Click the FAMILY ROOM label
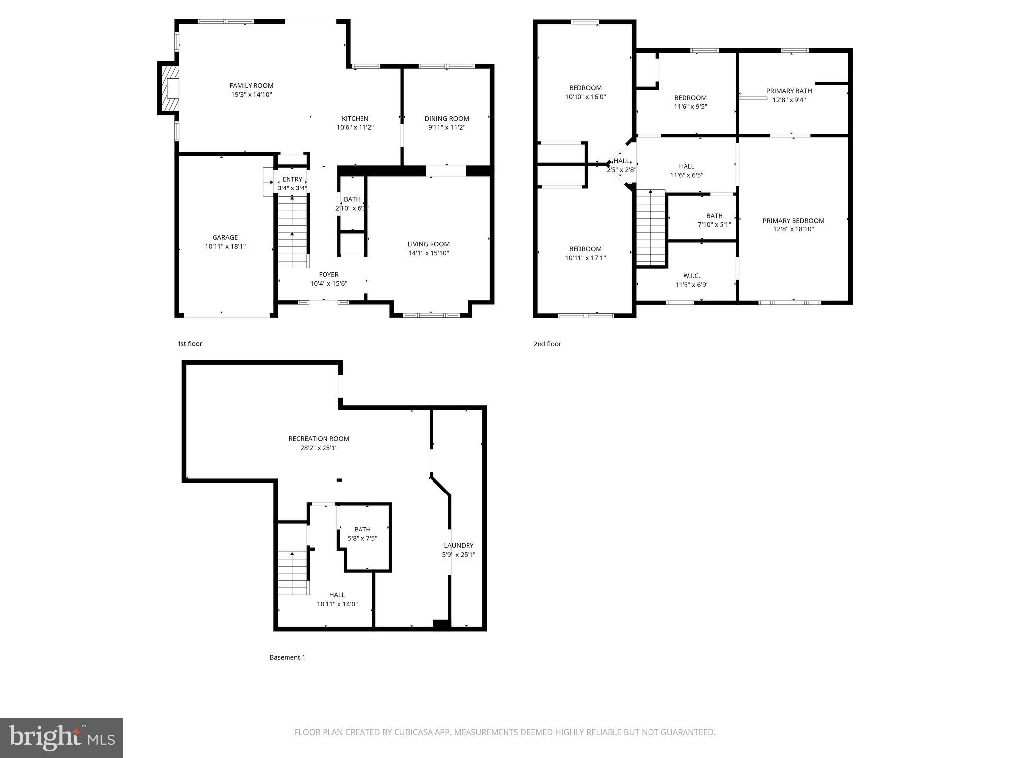pos(251,86)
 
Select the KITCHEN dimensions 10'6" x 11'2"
pos(355,127)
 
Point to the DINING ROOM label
pos(446,118)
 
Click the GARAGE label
pos(225,237)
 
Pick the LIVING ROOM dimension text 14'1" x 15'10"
pos(428,253)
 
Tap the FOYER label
pos(328,275)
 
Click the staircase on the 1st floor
pos(293,232)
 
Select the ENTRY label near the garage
pos(292,179)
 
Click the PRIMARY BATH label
pos(789,91)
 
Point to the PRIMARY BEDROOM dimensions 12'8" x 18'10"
pos(793,229)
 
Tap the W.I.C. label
pos(691,276)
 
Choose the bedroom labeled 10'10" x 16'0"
pos(585,92)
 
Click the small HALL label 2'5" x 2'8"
pos(621,161)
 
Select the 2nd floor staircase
pos(651,228)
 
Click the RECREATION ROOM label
pos(319,438)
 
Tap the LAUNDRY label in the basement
pos(459,545)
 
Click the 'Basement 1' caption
pos(287,657)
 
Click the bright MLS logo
pos(62,738)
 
